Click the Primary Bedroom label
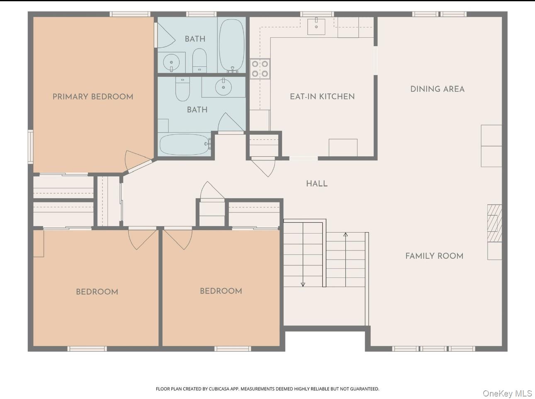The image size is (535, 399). point(93,97)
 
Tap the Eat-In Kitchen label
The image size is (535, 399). point(322,97)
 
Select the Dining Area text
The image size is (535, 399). point(437,89)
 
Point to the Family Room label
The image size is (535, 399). point(434,256)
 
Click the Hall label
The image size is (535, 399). point(316,184)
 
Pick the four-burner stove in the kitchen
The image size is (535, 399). point(260,68)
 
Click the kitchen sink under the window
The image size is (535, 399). point(316,26)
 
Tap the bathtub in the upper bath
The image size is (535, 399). point(231,45)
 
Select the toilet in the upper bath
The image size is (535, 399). point(199,61)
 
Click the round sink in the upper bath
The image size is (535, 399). point(171,62)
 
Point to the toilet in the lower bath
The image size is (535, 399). point(182,89)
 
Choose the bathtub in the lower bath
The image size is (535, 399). point(185,144)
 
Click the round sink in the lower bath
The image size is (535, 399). point(223,87)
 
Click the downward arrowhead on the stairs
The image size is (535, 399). point(303,285)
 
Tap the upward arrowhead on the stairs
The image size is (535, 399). point(345,234)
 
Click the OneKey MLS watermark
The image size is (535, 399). point(507,394)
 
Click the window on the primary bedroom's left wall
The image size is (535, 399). point(30,146)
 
